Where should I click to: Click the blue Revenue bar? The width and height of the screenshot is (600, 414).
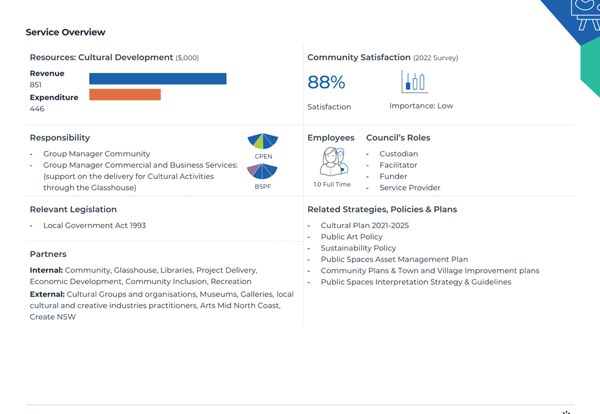[158, 78]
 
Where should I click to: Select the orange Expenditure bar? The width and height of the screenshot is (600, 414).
[125, 94]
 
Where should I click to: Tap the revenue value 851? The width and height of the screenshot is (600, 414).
[36, 85]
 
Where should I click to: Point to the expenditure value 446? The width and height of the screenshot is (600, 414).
[37, 109]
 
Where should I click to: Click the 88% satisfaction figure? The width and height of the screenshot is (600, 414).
[326, 82]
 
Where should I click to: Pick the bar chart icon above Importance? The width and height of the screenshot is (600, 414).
[415, 81]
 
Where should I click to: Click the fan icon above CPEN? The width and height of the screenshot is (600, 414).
[263, 141]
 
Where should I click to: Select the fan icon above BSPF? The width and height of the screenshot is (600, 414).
[262, 171]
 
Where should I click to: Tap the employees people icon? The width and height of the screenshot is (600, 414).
[332, 161]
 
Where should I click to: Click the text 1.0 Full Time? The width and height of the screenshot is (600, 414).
[332, 185]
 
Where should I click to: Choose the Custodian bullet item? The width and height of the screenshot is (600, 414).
[398, 154]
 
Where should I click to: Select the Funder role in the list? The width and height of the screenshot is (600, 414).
[393, 176]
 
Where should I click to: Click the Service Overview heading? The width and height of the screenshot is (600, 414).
[65, 32]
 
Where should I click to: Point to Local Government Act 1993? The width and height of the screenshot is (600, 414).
[94, 225]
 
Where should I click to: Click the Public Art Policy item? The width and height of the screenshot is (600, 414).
[351, 237]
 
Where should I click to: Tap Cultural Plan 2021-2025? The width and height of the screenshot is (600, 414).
[365, 225]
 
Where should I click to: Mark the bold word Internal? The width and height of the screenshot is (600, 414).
[47, 270]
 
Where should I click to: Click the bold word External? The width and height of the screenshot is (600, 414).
[47, 295]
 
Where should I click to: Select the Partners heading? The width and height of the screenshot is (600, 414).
[48, 254]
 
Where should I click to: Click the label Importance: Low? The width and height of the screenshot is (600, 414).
[421, 106]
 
